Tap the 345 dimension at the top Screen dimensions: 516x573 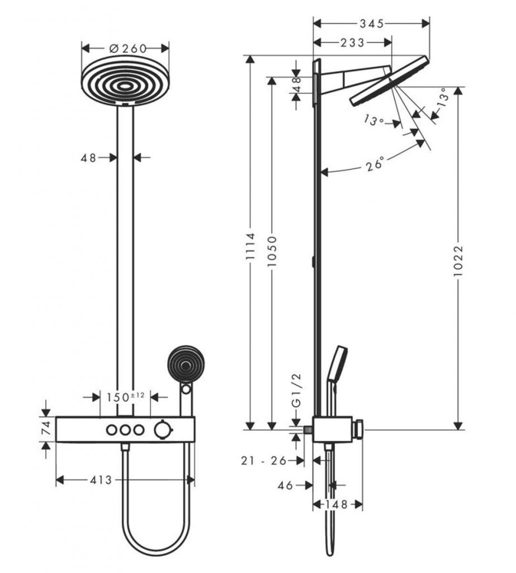pos(372,24)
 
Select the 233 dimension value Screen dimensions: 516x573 pos(352,43)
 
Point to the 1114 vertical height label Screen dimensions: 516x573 pos(250,246)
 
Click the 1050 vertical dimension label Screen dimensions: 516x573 pos(272,251)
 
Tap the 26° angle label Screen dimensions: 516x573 pos(375,163)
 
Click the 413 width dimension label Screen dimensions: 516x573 pos(101,480)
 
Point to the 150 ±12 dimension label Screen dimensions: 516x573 pos(126,397)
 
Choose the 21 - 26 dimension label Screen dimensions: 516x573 pos(264,461)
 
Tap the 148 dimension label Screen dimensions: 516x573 pos(337,505)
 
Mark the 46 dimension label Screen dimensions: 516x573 pos(285,485)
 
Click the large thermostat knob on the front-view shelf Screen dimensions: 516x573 pos(162,430)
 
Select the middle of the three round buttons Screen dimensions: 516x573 pos(125,430)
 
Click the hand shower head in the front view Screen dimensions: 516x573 pos(186,365)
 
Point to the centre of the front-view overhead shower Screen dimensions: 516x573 pos(125,87)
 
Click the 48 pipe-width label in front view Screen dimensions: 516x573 pos(88,158)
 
